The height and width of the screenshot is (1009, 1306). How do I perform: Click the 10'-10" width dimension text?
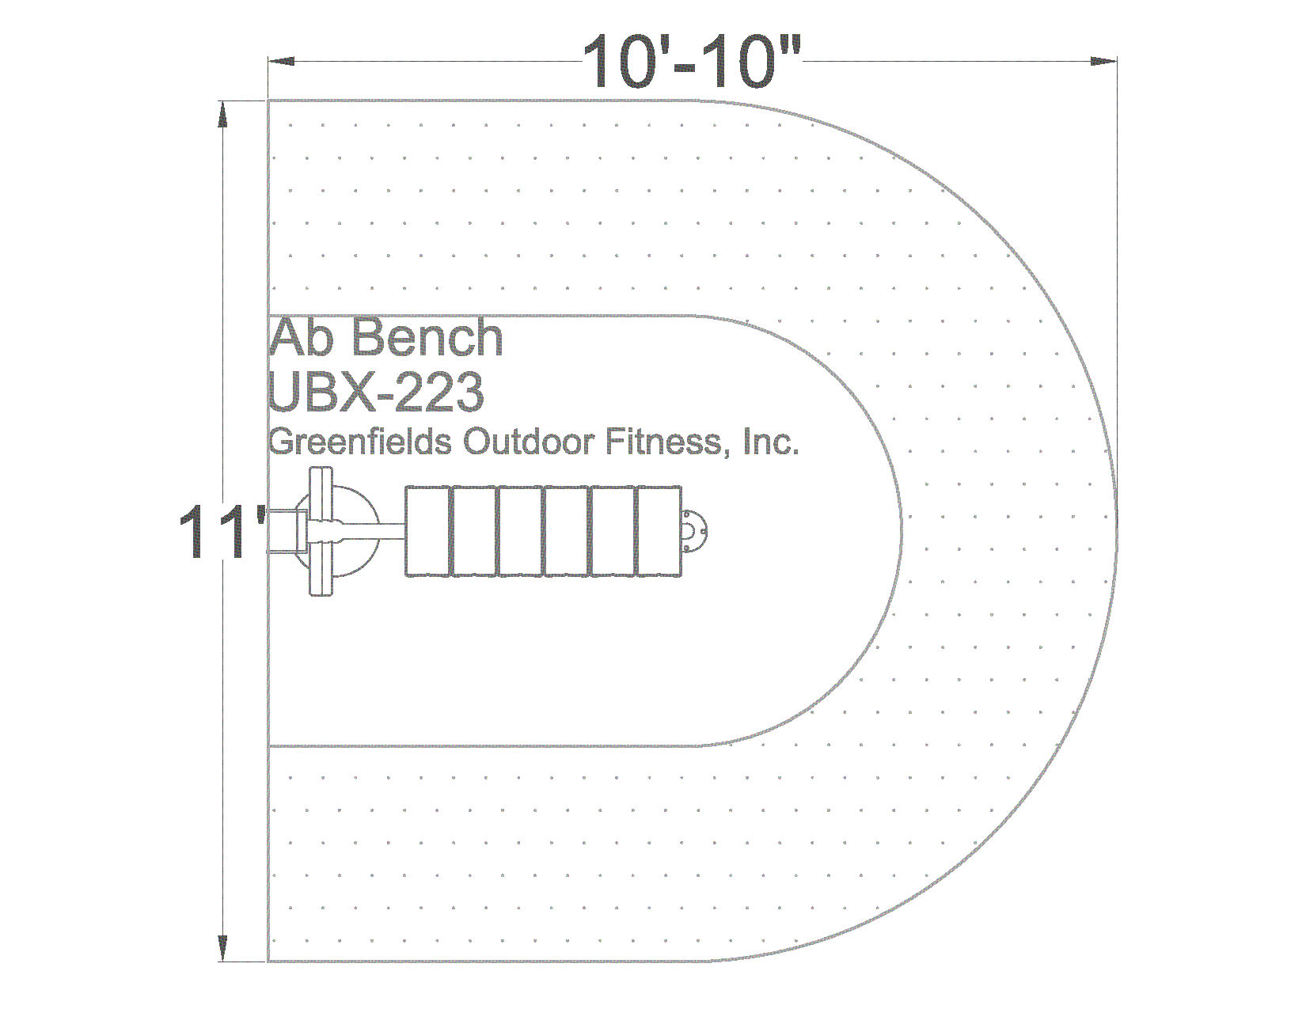click(692, 61)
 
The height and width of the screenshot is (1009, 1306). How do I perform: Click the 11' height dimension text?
click(222, 532)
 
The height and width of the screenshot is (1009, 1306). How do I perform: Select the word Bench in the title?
click(427, 339)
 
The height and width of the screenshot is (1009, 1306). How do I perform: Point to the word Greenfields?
click(359, 442)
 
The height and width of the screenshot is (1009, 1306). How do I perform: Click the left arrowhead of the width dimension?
click(281, 61)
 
